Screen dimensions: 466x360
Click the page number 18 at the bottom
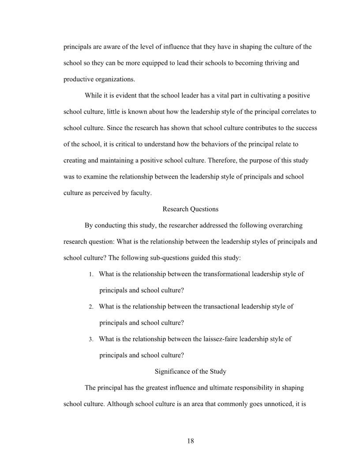coord(191,440)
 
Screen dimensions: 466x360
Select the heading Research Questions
coord(191,209)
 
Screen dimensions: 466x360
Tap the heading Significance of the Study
coord(191,372)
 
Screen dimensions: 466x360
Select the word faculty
coord(141,193)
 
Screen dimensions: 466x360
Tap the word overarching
coord(283,225)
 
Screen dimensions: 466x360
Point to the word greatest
coord(139,388)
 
